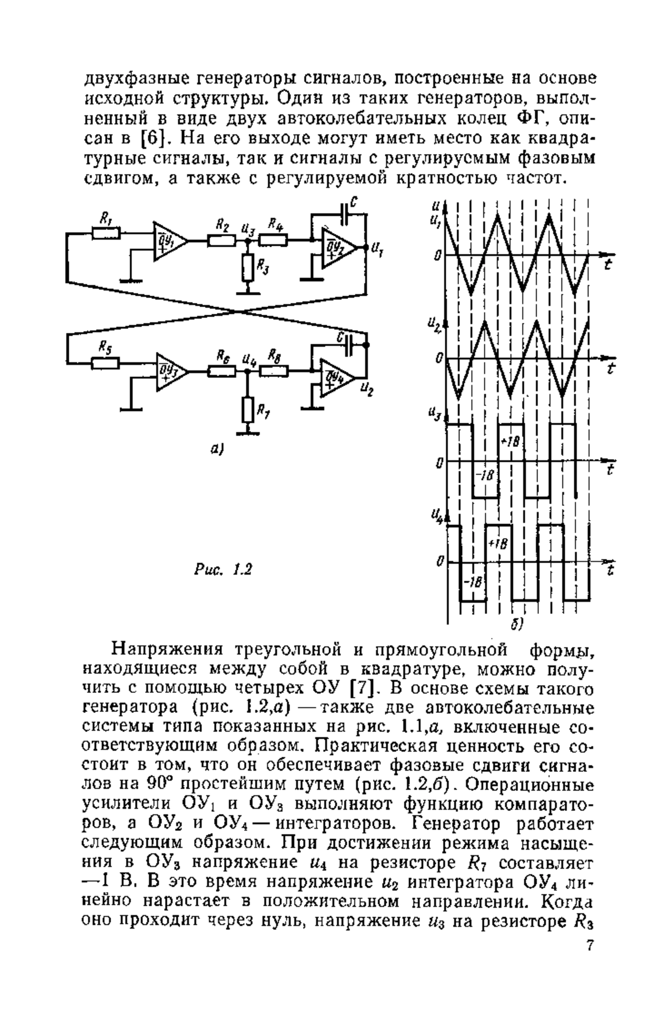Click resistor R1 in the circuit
pyautogui.click(x=106, y=233)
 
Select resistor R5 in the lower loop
pyautogui.click(x=106, y=362)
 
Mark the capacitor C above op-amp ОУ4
pyautogui.click(x=349, y=343)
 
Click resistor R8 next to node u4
pyautogui.click(x=274, y=371)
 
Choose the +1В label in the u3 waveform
pyautogui.click(x=508, y=441)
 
